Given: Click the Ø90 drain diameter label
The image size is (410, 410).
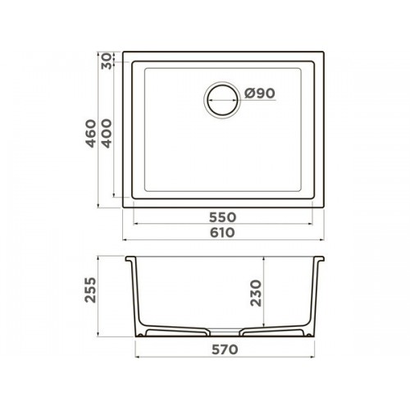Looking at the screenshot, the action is [x=260, y=93].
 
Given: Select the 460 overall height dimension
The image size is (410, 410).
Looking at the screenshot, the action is [x=91, y=134].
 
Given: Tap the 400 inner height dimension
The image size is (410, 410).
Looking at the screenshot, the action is [x=107, y=134].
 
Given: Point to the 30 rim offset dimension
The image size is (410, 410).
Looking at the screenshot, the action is [x=107, y=61].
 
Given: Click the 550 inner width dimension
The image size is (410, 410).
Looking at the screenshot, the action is [x=222, y=217].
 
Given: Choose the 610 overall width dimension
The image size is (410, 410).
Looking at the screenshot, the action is [x=222, y=233].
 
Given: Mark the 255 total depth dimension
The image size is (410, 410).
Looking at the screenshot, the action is [x=91, y=289].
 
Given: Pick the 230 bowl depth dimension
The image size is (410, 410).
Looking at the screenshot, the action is [x=256, y=293].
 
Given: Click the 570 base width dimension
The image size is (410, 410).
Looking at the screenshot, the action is [x=225, y=349].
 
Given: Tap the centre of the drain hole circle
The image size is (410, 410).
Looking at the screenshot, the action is [x=222, y=100].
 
